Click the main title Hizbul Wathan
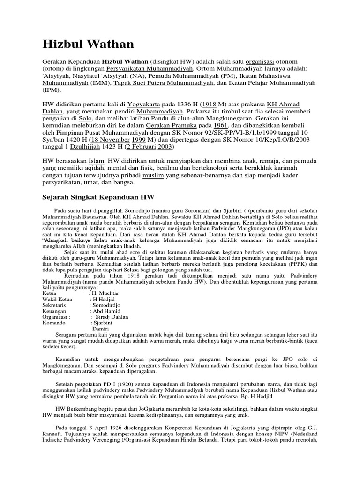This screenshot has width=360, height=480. (x=88, y=45)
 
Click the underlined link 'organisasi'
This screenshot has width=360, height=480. (x=265, y=62)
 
